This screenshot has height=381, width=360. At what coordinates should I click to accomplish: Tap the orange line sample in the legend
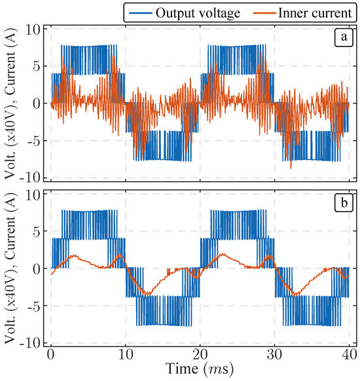pos(255,11)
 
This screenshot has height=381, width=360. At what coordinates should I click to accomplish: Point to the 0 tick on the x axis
pos(51,354)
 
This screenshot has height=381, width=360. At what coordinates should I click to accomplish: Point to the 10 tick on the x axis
pos(126,354)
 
